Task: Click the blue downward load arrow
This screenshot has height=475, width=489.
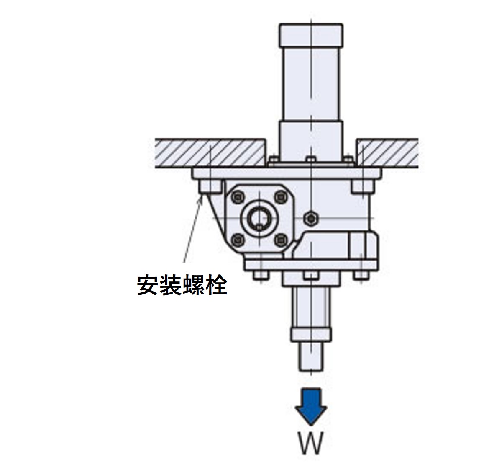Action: pos(311,406)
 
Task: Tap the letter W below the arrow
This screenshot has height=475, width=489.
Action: pos(311,444)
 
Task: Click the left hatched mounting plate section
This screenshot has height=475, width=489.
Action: pos(211,153)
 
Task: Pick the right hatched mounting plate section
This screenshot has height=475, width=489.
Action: pos(387,153)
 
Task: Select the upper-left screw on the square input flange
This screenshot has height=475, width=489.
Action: pos(238,197)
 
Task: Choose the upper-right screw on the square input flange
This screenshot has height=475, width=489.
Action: pos(281,197)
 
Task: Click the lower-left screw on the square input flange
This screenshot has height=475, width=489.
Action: pos(238,240)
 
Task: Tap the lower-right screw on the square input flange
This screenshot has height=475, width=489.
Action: pos(281,240)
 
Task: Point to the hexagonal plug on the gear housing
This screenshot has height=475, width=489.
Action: pos(311,218)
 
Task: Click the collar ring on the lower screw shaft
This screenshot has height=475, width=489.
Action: pos(311,334)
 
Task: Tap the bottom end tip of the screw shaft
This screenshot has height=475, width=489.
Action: pos(311,371)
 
